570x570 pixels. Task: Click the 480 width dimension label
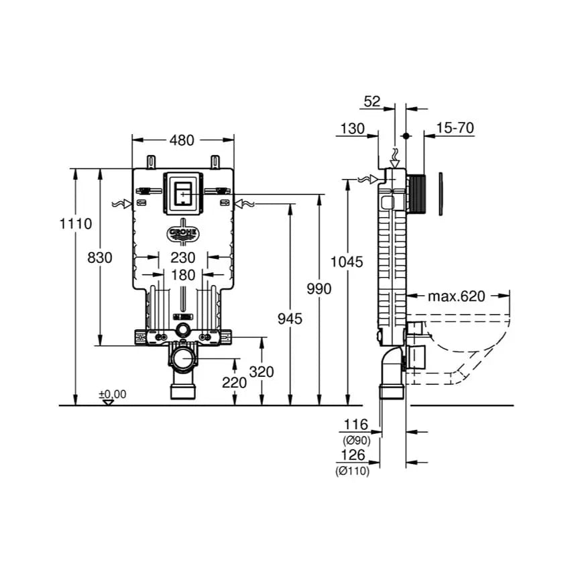click(182, 140)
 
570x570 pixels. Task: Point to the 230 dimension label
click(182, 257)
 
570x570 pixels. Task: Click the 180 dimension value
click(182, 275)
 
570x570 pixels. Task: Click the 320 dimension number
click(261, 371)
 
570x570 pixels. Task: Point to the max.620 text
click(457, 296)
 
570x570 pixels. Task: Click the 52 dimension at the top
click(372, 101)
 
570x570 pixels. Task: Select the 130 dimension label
click(352, 127)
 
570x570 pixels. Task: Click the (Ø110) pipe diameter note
click(353, 471)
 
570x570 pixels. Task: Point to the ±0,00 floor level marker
click(113, 394)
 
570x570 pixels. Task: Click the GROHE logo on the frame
click(182, 233)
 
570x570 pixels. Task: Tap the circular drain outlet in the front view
click(182, 359)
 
